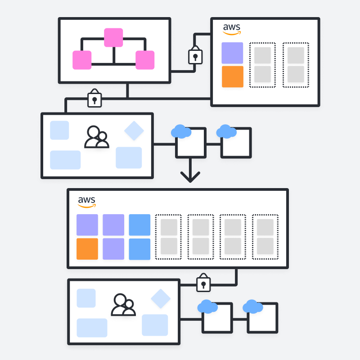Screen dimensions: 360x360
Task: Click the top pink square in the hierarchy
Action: click(x=113, y=38)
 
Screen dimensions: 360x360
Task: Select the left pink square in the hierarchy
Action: click(x=82, y=60)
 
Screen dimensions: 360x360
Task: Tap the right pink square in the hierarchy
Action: click(x=145, y=60)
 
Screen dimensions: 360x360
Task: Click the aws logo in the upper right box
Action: click(x=232, y=29)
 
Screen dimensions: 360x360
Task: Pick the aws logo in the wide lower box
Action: click(x=87, y=202)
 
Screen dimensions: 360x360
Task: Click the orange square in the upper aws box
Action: click(x=233, y=76)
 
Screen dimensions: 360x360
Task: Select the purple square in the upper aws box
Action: click(x=232, y=53)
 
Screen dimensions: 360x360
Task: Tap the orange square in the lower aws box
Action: click(x=87, y=249)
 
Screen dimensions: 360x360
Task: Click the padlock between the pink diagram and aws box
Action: click(x=195, y=55)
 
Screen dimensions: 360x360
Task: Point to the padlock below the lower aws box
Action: click(x=203, y=283)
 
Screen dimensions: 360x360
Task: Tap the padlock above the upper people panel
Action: click(x=94, y=98)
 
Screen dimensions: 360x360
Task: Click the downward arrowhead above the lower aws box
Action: click(x=190, y=177)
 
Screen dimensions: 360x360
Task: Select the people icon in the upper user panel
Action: click(x=97, y=137)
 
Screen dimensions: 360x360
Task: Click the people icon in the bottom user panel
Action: click(x=123, y=305)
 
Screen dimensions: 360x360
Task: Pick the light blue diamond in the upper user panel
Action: click(x=134, y=130)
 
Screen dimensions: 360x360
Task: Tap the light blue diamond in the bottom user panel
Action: click(x=161, y=298)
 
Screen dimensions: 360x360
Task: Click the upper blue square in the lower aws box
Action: click(x=139, y=225)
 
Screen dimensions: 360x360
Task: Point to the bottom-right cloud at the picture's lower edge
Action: click(x=253, y=306)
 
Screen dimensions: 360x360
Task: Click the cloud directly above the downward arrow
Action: click(x=181, y=131)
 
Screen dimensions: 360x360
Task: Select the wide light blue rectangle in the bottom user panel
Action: click(x=92, y=328)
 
